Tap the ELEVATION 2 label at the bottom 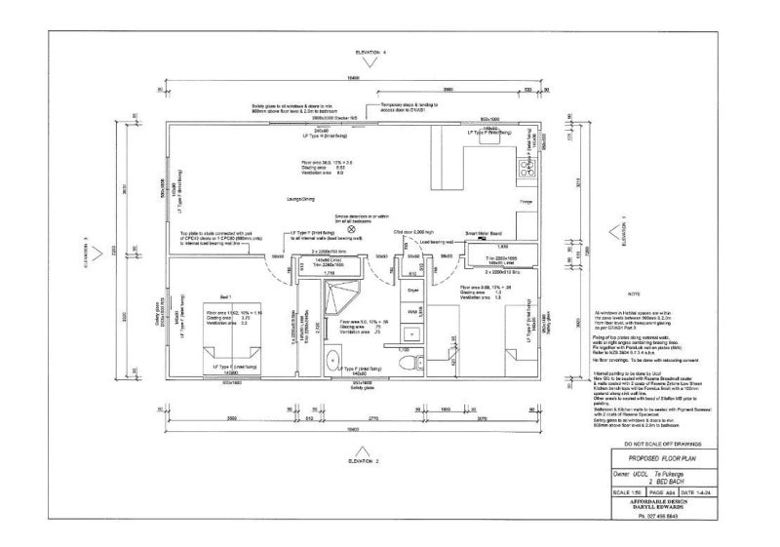click(x=362, y=459)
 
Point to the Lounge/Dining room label click(x=296, y=199)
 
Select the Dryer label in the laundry click(x=413, y=291)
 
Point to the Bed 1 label click(x=225, y=294)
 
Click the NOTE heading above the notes click(x=635, y=292)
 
